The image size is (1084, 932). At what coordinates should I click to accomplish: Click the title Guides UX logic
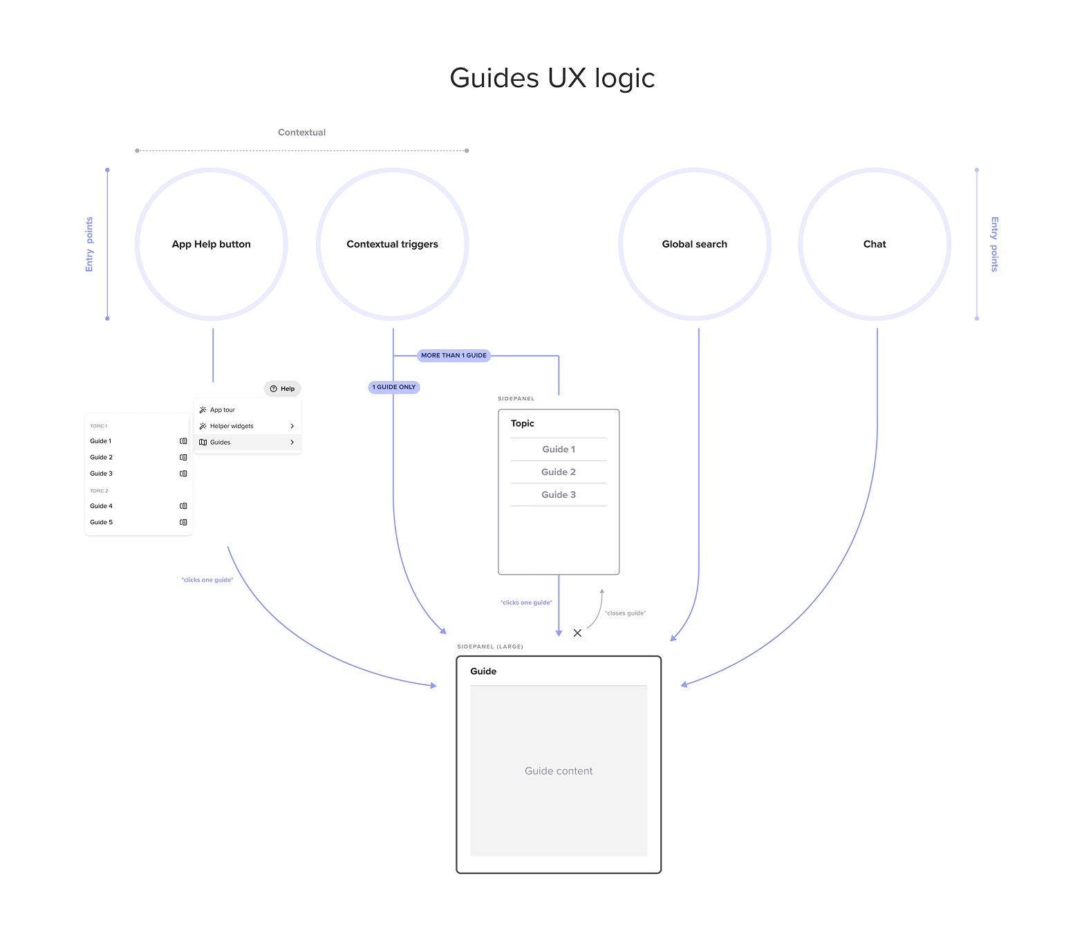[552, 78]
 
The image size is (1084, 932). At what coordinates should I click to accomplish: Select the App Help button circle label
[211, 244]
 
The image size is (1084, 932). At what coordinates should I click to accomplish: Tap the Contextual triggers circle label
[392, 244]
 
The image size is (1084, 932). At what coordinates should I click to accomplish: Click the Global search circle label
[694, 244]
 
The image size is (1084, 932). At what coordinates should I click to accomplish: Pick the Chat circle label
[874, 244]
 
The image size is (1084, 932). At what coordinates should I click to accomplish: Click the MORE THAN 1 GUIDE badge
[454, 355]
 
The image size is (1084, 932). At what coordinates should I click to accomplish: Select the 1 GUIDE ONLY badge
[394, 387]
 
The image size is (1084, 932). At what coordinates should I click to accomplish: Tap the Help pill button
[283, 389]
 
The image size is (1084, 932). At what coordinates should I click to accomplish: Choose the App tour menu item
[223, 410]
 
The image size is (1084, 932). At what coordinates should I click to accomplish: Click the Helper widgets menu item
[232, 426]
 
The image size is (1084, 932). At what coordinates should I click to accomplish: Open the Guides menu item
[220, 442]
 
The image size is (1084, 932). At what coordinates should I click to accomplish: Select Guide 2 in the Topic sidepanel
[558, 472]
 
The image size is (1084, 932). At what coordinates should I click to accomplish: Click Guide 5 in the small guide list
[101, 523]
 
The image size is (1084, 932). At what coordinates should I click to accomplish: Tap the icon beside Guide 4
[183, 506]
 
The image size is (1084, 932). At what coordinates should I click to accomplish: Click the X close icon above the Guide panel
[577, 633]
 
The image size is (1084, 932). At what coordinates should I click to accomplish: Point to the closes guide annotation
[625, 613]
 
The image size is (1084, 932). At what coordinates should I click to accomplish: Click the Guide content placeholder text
[558, 771]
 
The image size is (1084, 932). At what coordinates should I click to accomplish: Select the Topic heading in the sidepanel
[522, 424]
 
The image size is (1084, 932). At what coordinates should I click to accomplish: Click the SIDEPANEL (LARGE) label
[489, 647]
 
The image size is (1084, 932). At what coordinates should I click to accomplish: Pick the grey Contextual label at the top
[301, 133]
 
